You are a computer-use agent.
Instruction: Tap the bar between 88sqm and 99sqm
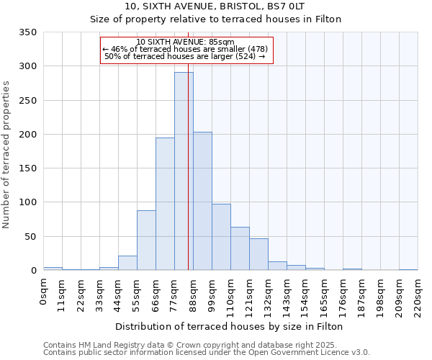pyautogui.click(x=202, y=201)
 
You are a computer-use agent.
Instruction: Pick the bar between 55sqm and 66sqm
pyautogui.click(x=146, y=240)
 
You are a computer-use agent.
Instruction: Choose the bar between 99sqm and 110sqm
pyautogui.click(x=221, y=237)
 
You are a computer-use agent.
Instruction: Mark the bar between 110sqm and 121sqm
pyautogui.click(x=240, y=248)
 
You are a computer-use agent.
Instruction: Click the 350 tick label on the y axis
pyautogui.click(x=28, y=32)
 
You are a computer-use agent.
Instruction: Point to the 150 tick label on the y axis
pyautogui.click(x=28, y=168)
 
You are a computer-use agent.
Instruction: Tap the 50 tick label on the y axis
pyautogui.click(x=30, y=236)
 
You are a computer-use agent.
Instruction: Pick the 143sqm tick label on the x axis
pyautogui.click(x=287, y=295)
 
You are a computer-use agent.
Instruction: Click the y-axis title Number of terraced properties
pyautogui.click(x=6, y=154)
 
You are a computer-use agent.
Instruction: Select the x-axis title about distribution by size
pyautogui.click(x=229, y=326)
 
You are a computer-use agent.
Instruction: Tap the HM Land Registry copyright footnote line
pyautogui.click(x=205, y=345)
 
